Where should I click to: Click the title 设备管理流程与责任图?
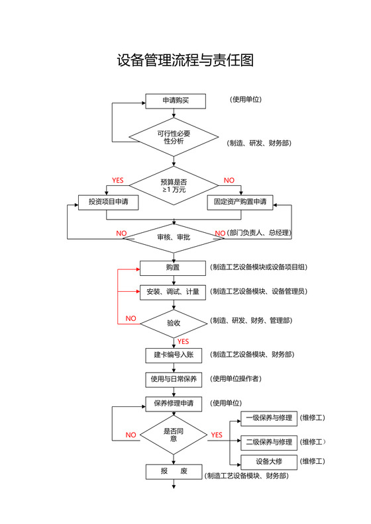point(185,61)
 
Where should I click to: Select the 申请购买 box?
point(176,101)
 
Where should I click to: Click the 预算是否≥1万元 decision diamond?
point(174,185)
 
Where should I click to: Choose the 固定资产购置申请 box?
point(240,201)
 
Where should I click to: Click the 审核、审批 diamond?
point(174,237)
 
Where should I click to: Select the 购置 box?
point(174,268)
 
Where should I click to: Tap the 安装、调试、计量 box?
point(174,292)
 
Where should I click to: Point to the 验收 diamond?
point(174,323)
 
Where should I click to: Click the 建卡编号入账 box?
point(174,355)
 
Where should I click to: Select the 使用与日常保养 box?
point(174,379)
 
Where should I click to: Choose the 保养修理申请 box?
point(174,403)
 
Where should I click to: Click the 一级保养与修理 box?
point(269,418)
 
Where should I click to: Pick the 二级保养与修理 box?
point(269,441)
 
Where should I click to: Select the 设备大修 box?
point(269,461)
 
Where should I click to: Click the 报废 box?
point(174,472)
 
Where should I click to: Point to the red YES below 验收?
point(184,341)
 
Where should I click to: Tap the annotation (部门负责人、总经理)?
point(260,233)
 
